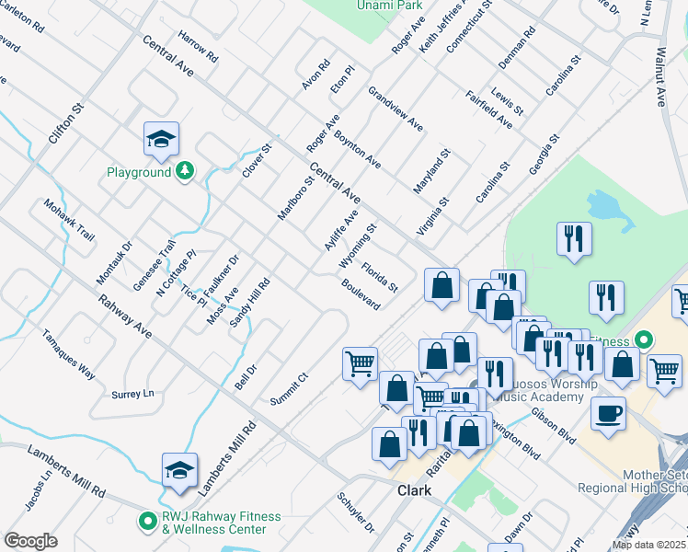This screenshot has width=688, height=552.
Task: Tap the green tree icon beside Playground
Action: click(x=185, y=170)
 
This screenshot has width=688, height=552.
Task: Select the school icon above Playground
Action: click(x=162, y=139)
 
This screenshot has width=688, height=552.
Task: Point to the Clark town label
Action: click(x=414, y=490)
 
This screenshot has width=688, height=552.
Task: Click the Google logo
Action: click(x=30, y=541)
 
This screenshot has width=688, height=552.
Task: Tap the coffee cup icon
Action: click(x=609, y=413)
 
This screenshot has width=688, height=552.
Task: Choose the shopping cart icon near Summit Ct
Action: click(x=360, y=362)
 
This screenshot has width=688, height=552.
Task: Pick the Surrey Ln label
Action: click(x=133, y=394)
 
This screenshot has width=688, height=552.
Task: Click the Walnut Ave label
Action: click(x=660, y=79)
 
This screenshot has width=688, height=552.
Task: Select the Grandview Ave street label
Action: click(x=396, y=109)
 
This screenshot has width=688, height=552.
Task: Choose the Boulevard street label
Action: click(x=361, y=295)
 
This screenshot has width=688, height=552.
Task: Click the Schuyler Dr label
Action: click(x=355, y=513)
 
